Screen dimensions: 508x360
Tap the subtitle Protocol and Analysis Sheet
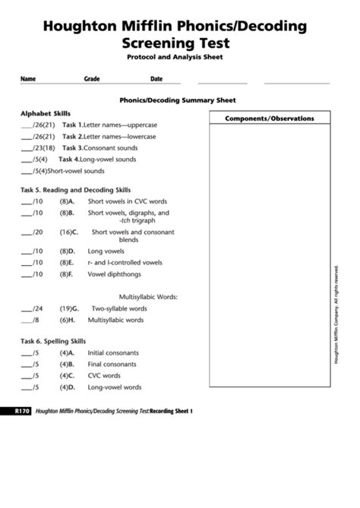pyautogui.click(x=179, y=57)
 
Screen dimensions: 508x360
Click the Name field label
pyautogui.click(x=28, y=78)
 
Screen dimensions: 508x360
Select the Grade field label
pyautogui.click(x=92, y=78)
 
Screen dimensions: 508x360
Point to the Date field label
pyautogui.click(x=156, y=78)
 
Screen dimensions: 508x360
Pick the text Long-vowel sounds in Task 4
pyautogui.click(x=110, y=159)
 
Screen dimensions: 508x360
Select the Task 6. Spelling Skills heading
pyautogui.click(x=53, y=341)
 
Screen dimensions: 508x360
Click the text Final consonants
pyautogui.click(x=112, y=364)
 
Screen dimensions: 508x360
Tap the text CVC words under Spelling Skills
pyautogui.click(x=104, y=376)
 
